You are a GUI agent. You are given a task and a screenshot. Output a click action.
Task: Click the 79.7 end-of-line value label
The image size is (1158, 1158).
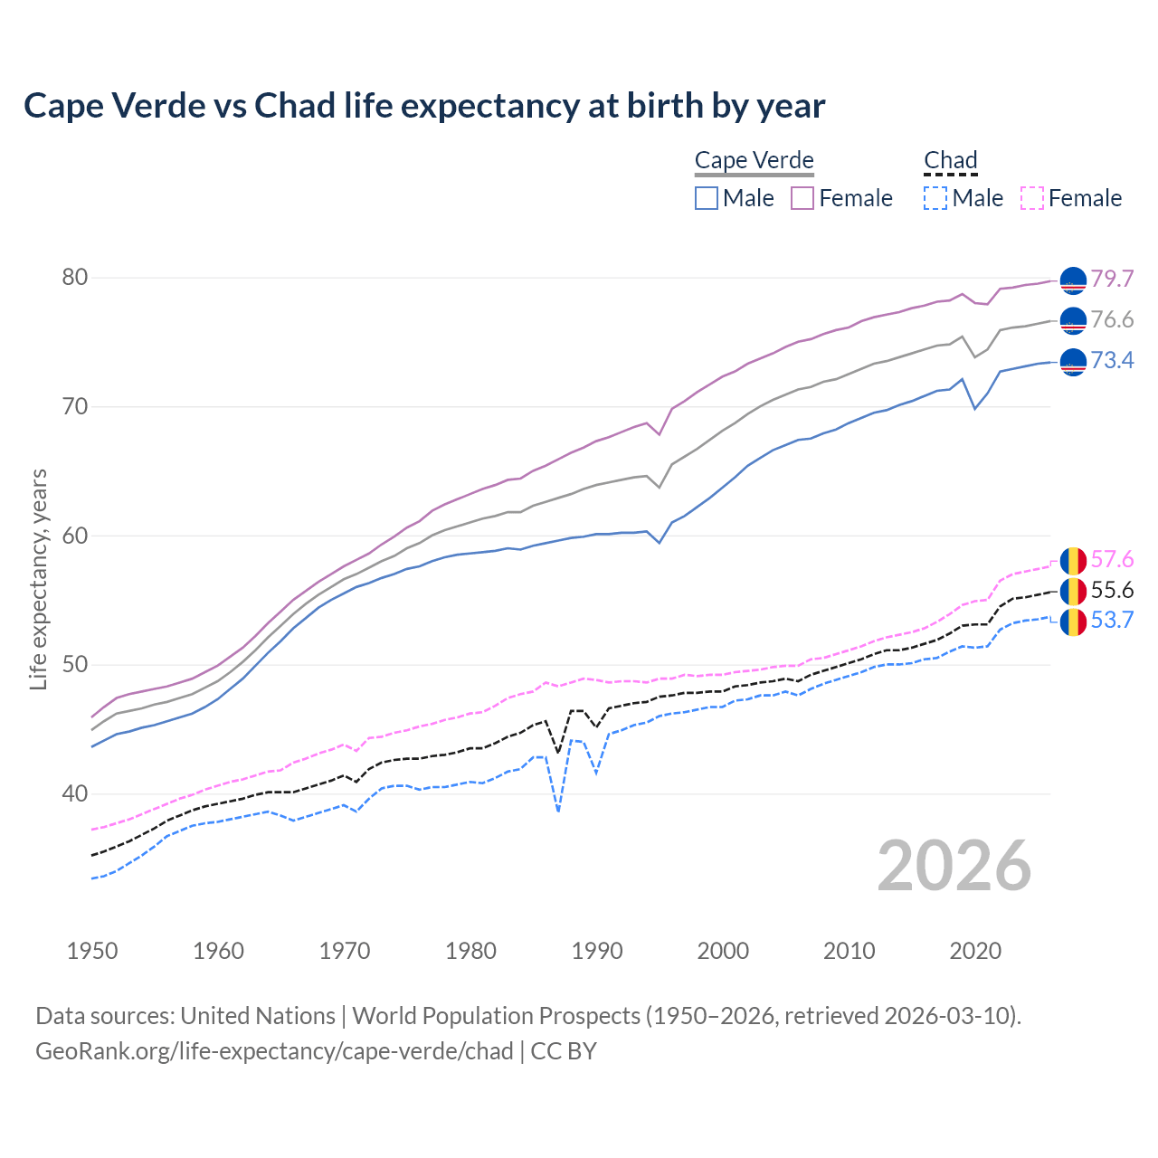tap(1112, 279)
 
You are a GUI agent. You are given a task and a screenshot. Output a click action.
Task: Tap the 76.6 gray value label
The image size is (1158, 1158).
tap(1112, 319)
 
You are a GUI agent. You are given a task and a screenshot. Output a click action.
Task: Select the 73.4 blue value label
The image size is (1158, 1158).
tap(1112, 360)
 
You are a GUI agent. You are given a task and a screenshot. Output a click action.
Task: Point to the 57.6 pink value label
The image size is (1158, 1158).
tap(1112, 559)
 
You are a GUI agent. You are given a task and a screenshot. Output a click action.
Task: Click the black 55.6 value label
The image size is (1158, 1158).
tap(1112, 590)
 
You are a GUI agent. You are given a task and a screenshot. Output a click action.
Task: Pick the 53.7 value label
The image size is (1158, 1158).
tap(1112, 620)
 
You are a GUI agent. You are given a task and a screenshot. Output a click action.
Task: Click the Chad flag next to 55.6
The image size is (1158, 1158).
tap(1073, 592)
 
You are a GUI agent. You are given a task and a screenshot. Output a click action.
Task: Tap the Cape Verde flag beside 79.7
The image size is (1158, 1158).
tap(1073, 280)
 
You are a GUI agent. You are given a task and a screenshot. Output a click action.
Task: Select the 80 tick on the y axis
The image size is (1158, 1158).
tap(75, 277)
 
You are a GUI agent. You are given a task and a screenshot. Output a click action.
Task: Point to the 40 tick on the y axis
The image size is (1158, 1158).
tap(75, 793)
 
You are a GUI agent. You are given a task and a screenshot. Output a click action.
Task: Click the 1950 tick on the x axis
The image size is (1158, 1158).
tap(92, 951)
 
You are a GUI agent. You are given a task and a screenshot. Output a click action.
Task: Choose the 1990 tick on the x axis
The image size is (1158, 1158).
tap(597, 951)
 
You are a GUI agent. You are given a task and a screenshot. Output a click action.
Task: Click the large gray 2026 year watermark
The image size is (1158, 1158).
tap(954, 866)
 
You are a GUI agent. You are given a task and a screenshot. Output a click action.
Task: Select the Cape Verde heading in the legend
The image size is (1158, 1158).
tap(754, 160)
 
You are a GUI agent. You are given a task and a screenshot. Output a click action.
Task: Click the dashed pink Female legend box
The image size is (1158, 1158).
tap(1032, 198)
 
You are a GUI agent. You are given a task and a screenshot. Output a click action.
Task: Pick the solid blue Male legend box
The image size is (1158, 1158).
tap(707, 198)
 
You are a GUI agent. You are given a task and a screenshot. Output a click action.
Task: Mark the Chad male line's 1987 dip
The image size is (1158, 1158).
tap(558, 811)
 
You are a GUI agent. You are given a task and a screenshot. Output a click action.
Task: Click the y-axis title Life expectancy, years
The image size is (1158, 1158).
tap(38, 579)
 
